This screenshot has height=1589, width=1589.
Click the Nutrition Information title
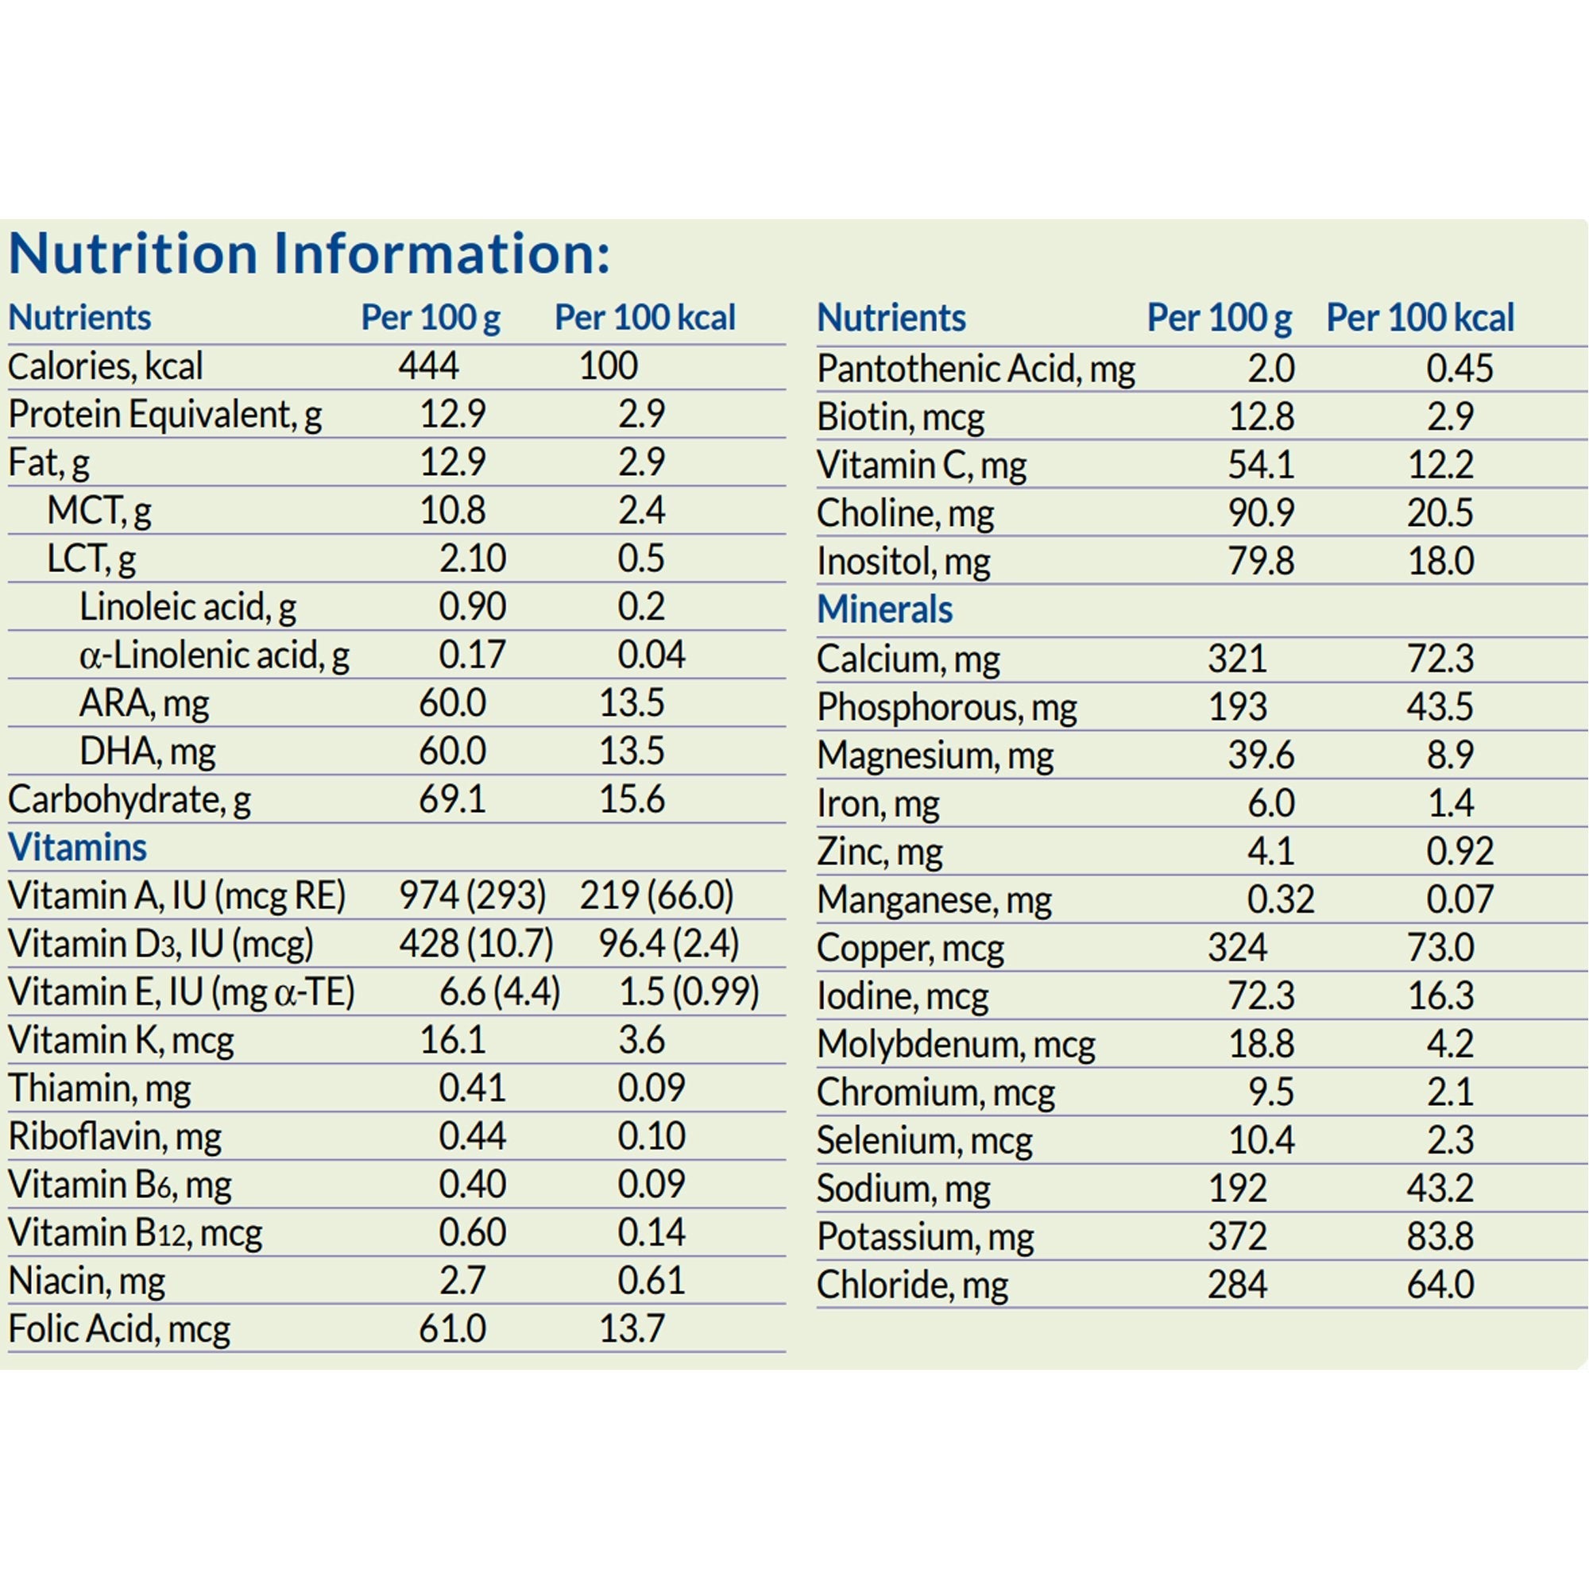308,253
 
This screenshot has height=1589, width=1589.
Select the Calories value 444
428,365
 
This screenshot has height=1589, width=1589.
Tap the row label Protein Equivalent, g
164,414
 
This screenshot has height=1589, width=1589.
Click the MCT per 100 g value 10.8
452,510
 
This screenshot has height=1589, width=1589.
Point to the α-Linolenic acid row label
214,655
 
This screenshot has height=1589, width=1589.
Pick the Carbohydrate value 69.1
452,798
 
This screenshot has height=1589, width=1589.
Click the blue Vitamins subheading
77,847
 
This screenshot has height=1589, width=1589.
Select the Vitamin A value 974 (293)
472,895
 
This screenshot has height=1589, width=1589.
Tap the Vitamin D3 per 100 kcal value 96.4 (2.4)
668,943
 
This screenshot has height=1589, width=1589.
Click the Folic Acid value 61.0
452,1328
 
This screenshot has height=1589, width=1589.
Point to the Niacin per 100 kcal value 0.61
651,1280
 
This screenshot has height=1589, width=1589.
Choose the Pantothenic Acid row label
976,369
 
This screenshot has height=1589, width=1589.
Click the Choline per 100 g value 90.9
1261,513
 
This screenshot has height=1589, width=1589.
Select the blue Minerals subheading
884,609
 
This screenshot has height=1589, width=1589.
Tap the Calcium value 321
1237,658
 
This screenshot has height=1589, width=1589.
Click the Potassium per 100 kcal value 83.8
1440,1236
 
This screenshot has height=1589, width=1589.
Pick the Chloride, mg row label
912,1285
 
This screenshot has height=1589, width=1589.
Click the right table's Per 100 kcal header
1420,318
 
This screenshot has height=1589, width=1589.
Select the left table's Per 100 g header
430,318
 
